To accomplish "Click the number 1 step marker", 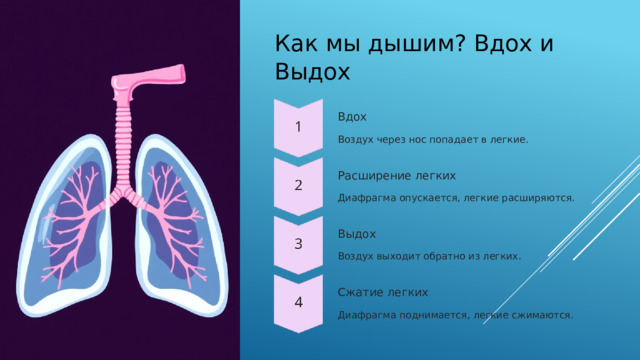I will tap(298, 126).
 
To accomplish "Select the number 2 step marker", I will tap(298, 185).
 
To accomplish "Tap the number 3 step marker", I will tap(298, 244).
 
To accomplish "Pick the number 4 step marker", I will tap(298, 301).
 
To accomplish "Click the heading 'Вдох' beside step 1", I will tap(351, 117).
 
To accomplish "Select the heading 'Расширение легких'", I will tap(383, 175).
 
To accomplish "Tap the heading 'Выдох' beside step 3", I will tap(357, 234).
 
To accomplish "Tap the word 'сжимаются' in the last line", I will tap(544, 315).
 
